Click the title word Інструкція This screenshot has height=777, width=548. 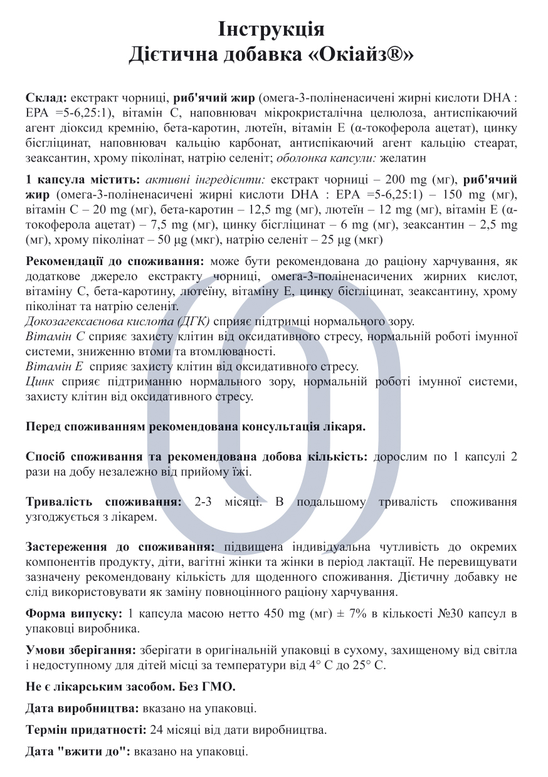pos(271,29)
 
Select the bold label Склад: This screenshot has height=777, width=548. pos(46,98)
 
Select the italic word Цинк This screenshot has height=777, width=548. pos(40,382)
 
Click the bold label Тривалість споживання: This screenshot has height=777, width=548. pos(104,502)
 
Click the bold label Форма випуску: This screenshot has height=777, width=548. pos(73,613)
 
